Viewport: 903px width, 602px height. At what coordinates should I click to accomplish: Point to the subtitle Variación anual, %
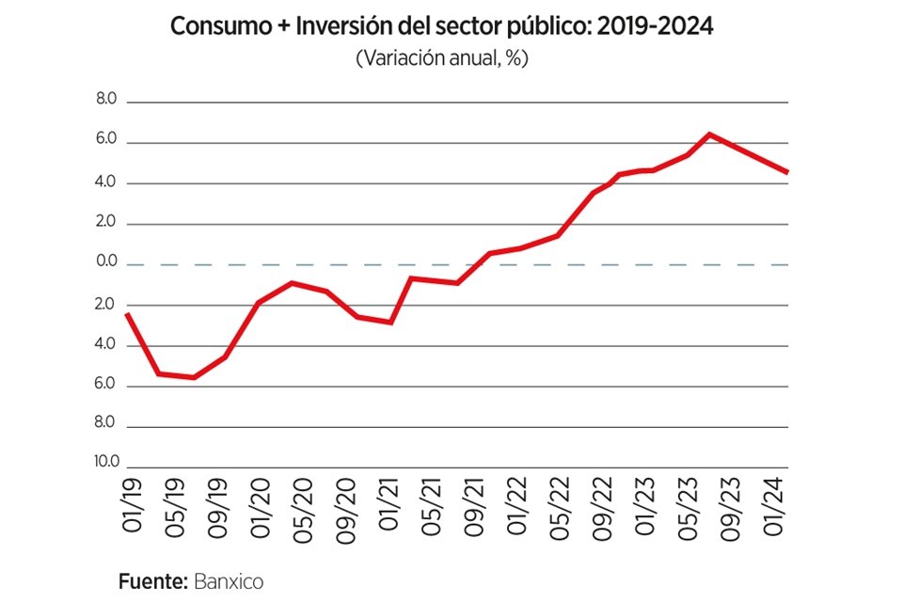(442, 58)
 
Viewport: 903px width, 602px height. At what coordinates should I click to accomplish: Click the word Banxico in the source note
(229, 581)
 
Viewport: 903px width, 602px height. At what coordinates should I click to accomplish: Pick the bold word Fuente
(153, 581)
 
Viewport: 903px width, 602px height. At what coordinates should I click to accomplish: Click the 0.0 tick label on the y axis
(105, 262)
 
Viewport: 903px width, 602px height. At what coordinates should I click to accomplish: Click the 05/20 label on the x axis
(302, 510)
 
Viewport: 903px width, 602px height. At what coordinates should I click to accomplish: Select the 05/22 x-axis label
(560, 510)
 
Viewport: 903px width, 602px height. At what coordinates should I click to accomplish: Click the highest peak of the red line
(710, 135)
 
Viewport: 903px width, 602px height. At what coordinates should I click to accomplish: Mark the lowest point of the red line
(194, 377)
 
